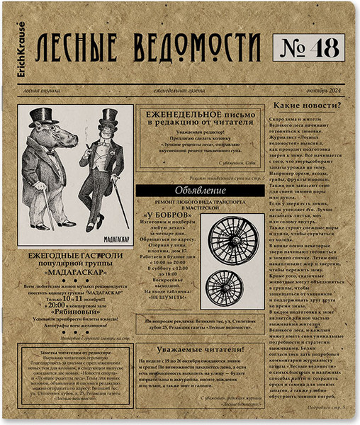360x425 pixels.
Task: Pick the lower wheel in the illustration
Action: [x=224, y=288]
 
